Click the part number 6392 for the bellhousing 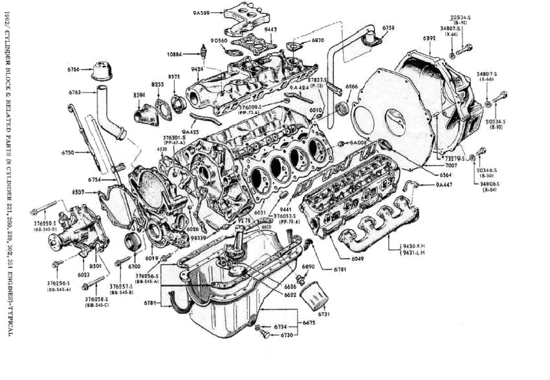(430, 39)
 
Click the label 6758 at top (388, 27)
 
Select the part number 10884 (175, 53)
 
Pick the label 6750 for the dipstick (68, 152)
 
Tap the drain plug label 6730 (287, 335)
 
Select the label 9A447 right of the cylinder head (443, 185)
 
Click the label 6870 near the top (317, 40)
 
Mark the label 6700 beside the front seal (135, 266)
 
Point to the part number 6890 (308, 266)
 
